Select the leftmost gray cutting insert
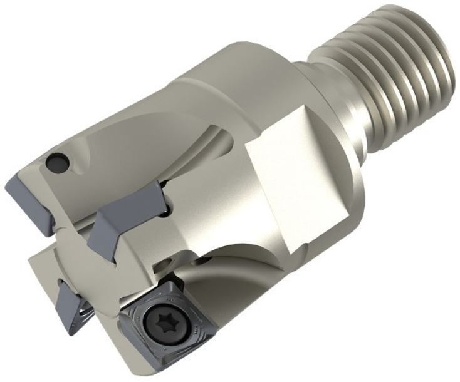pos(24,188)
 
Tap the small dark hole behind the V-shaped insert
pos(164,215)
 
